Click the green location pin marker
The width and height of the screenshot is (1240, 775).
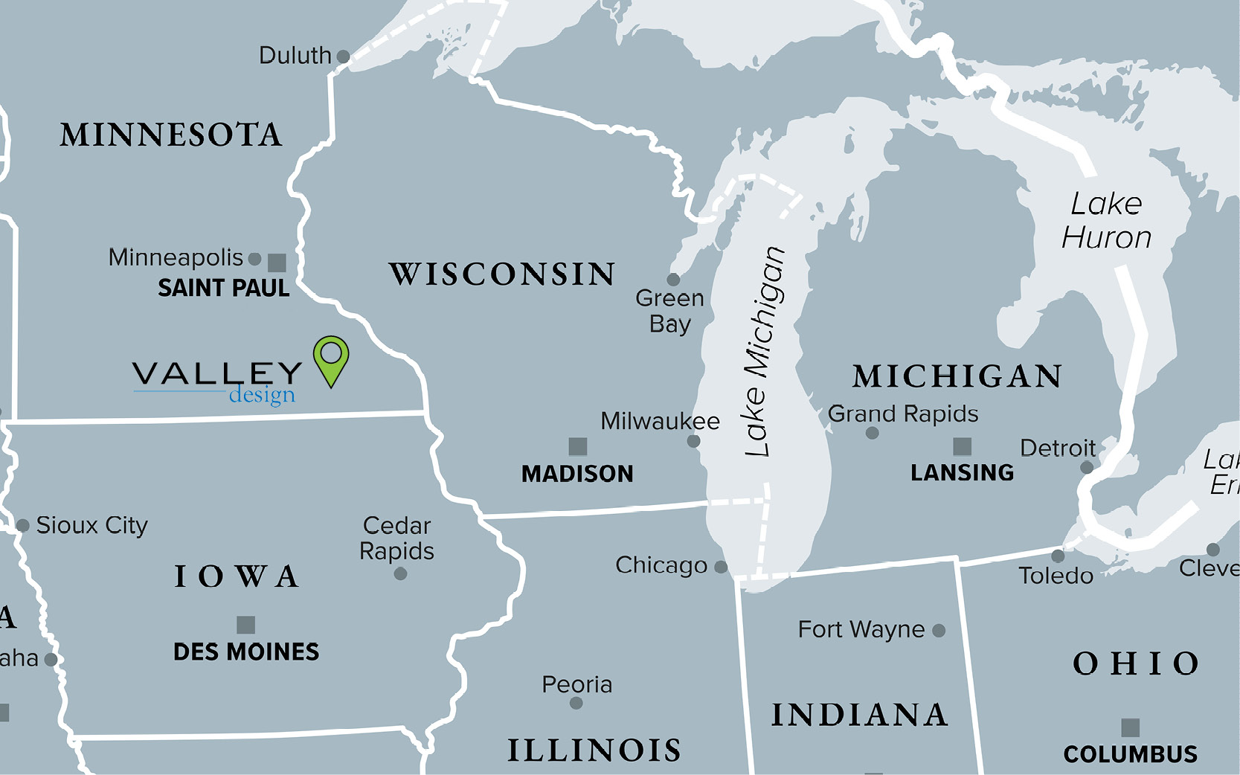click(x=331, y=357)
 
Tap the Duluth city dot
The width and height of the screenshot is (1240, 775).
click(x=343, y=57)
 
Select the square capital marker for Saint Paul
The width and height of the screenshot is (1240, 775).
click(x=277, y=263)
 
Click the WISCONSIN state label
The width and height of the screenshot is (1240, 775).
click(x=502, y=274)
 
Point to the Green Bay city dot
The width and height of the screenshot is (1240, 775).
click(x=673, y=280)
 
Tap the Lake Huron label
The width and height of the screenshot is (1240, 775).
click(x=1106, y=221)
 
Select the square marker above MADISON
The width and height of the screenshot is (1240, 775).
click(x=578, y=446)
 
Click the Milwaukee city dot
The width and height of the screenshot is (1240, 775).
click(x=693, y=441)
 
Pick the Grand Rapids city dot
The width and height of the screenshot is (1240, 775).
click(x=873, y=433)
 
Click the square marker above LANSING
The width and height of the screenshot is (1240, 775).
click(x=962, y=446)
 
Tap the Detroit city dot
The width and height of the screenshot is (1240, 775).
click(x=1086, y=467)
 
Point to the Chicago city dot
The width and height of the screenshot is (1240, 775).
click(x=720, y=567)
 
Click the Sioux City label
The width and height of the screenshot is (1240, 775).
click(x=91, y=525)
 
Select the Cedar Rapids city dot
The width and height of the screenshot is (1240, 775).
click(x=400, y=573)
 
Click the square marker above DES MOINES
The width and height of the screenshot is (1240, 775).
click(x=245, y=625)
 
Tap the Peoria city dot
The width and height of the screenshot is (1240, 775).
click(x=576, y=703)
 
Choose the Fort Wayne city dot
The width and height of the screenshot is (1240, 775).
click(x=939, y=631)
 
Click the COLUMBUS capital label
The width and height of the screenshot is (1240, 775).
click(x=1130, y=754)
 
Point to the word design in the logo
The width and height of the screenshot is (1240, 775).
click(x=262, y=395)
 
